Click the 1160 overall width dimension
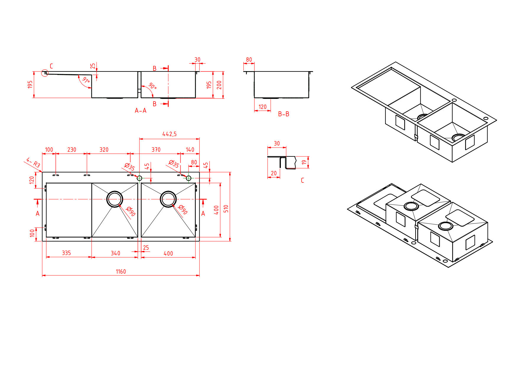tap(121, 272)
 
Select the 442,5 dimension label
tap(170, 134)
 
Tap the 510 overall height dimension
tap(226, 209)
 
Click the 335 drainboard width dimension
tap(66, 253)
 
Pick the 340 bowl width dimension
tap(115, 253)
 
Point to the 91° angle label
tap(86, 80)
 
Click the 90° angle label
tap(152, 86)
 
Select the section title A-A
tap(141, 111)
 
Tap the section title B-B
tap(284, 114)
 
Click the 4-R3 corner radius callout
tap(33, 163)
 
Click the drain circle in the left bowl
tap(115, 199)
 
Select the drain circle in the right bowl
tap(168, 199)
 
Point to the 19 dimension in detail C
tap(304, 162)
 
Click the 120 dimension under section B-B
tap(263, 107)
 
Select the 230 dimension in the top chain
tap(72, 150)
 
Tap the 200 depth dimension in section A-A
tap(219, 85)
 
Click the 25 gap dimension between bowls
tap(146, 248)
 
